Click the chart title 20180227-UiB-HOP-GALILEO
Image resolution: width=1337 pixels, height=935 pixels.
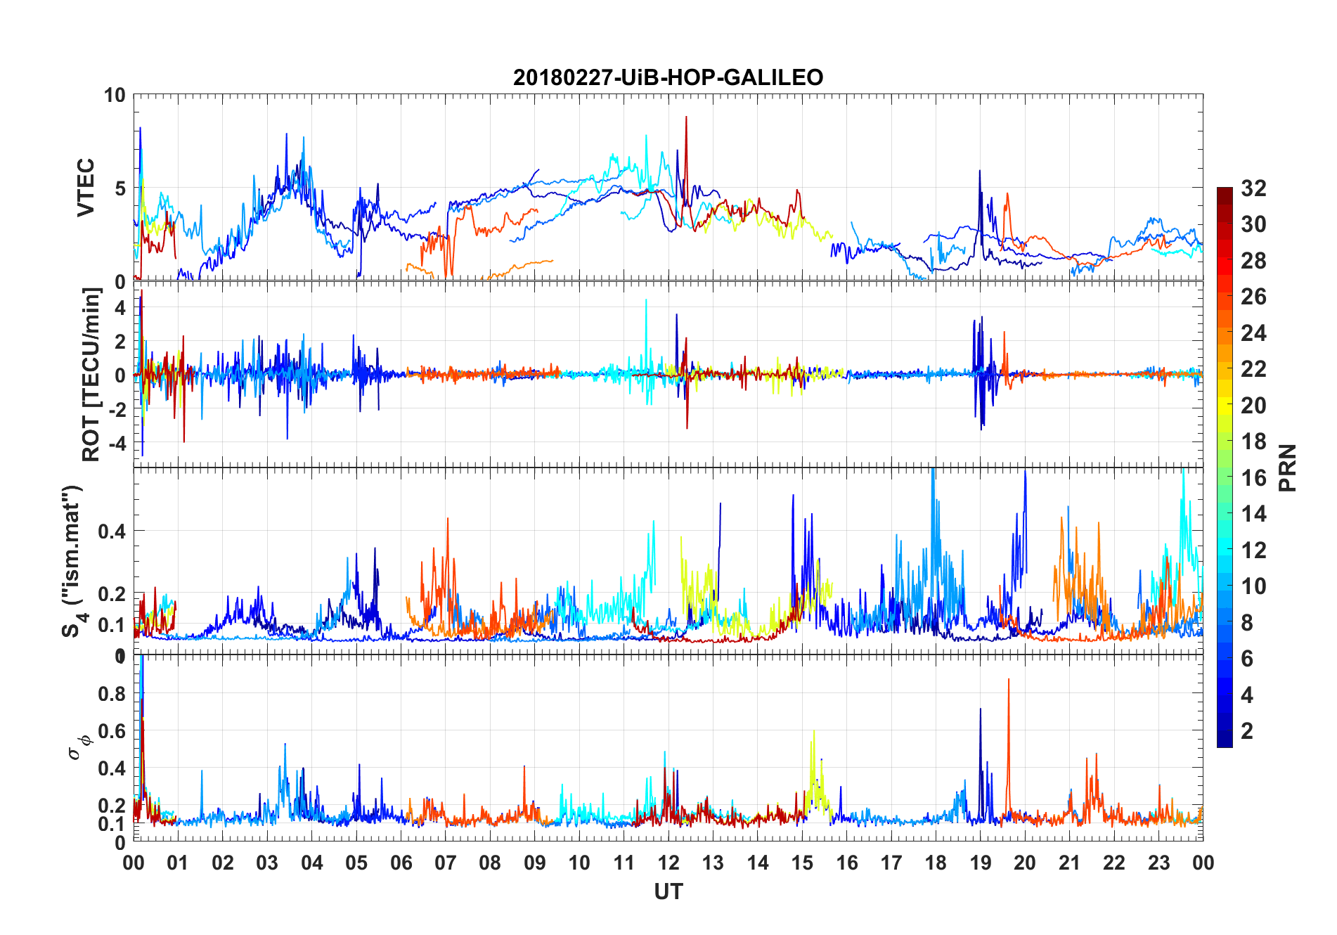click(x=668, y=77)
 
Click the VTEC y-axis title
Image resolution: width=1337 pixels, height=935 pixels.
click(x=86, y=188)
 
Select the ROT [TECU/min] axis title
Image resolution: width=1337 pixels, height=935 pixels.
click(x=91, y=375)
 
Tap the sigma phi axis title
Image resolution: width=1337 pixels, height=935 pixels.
click(x=79, y=745)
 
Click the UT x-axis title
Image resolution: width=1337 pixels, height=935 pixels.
click(x=668, y=892)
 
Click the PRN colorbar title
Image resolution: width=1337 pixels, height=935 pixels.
click(x=1288, y=468)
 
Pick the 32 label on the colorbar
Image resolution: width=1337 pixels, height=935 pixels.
click(x=1253, y=188)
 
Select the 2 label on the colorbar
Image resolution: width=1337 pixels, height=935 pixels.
click(x=1247, y=731)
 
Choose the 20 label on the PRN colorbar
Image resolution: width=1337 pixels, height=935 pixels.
click(x=1253, y=406)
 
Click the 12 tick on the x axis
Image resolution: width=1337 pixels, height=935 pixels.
click(x=668, y=863)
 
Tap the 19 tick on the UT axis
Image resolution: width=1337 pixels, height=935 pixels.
click(x=981, y=863)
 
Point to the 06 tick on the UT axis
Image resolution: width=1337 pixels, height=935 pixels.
click(x=401, y=863)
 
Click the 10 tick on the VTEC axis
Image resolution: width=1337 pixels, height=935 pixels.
click(x=115, y=95)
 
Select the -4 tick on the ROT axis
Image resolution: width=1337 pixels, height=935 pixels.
click(x=117, y=444)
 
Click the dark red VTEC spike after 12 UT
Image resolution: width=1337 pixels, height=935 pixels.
click(x=686, y=120)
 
